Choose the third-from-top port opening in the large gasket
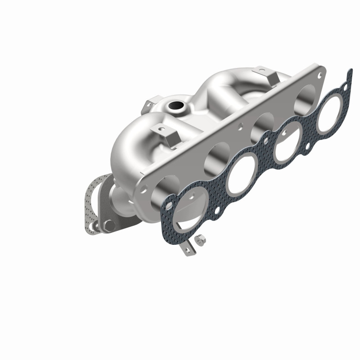[241, 175]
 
